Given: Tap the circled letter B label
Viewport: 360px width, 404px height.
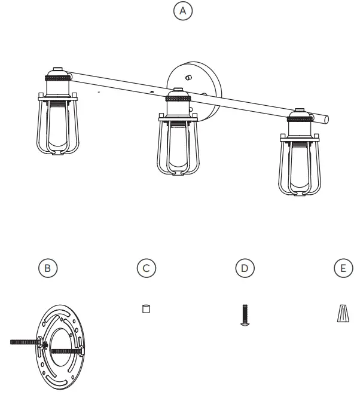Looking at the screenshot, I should pos(48,268).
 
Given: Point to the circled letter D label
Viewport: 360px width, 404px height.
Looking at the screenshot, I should pos(244,268).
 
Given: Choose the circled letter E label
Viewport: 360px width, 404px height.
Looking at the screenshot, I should pos(343,268).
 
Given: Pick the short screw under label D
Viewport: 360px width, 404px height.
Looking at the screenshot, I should pos(244,314).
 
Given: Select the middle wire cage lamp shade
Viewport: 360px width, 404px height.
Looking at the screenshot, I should pos(178,148).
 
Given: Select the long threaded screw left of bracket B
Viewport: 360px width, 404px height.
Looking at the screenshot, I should pos(24,342).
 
